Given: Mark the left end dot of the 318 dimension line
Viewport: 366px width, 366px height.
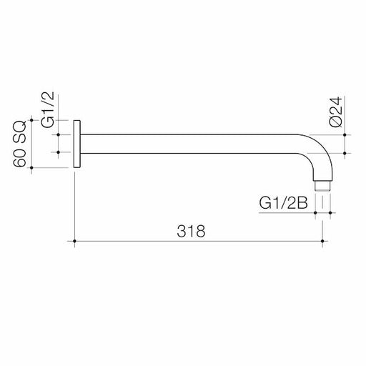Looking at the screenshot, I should point(75,242).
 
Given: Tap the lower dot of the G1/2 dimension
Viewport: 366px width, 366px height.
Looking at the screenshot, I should point(59,152).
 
